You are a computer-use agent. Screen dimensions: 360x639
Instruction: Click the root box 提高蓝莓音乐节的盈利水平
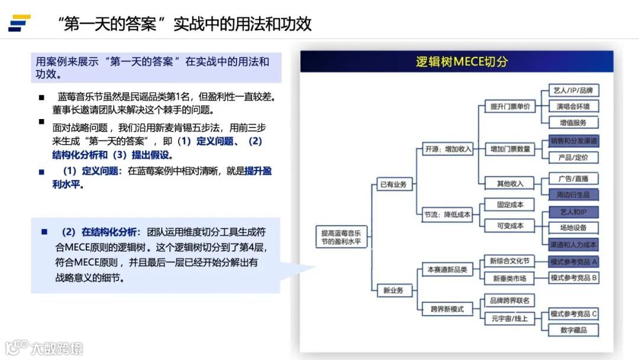[341, 237]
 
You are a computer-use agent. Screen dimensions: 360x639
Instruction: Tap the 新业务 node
[393, 290]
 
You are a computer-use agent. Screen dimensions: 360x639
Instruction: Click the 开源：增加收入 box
[448, 149]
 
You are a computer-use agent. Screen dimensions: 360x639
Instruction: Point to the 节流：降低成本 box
[448, 214]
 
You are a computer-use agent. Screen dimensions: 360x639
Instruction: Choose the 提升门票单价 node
[509, 107]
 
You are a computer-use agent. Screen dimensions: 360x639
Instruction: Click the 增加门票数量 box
[509, 149]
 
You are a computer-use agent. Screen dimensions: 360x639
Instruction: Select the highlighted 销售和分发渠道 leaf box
[573, 141]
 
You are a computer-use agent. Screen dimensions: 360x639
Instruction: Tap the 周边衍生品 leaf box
[573, 194]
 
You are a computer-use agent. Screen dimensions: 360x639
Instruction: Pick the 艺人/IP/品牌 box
[573, 91]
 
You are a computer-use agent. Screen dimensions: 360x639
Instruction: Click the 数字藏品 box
[573, 330]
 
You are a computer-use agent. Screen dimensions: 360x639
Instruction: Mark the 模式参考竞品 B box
[573, 278]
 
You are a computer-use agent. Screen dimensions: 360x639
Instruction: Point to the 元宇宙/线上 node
[509, 319]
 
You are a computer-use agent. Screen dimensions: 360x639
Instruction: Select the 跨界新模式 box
[447, 308]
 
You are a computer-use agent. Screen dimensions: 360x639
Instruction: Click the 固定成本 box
[509, 205]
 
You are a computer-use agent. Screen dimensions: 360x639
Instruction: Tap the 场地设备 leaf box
[573, 227]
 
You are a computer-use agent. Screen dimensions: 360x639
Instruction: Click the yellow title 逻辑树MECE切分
[461, 62]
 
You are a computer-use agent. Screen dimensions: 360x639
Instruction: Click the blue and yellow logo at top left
[20, 23]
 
